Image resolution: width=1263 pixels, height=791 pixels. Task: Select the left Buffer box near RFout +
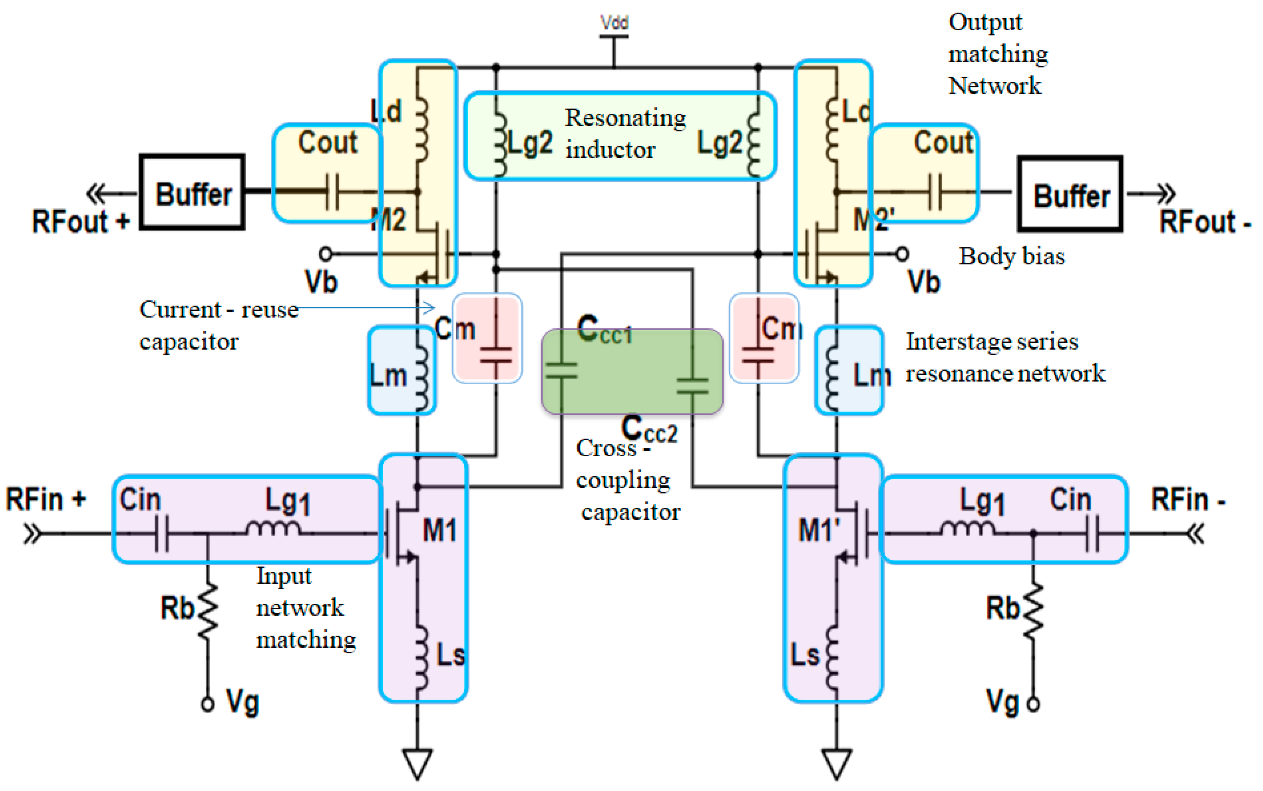pos(192,192)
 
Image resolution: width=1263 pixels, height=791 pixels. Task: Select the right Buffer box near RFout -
pos(1070,194)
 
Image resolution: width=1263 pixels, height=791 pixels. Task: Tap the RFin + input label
pos(46,499)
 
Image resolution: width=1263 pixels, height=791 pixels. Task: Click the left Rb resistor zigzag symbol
pos(208,609)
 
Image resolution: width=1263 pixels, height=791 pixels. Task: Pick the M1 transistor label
pos(439,531)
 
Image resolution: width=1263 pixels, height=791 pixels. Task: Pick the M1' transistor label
pos(819,531)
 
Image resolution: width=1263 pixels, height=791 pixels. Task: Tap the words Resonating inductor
pos(625,134)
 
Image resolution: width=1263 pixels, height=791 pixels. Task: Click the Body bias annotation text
pos(1011,256)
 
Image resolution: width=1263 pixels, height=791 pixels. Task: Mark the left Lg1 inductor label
pos(288,501)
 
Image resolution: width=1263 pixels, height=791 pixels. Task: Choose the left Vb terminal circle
pos(326,254)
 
